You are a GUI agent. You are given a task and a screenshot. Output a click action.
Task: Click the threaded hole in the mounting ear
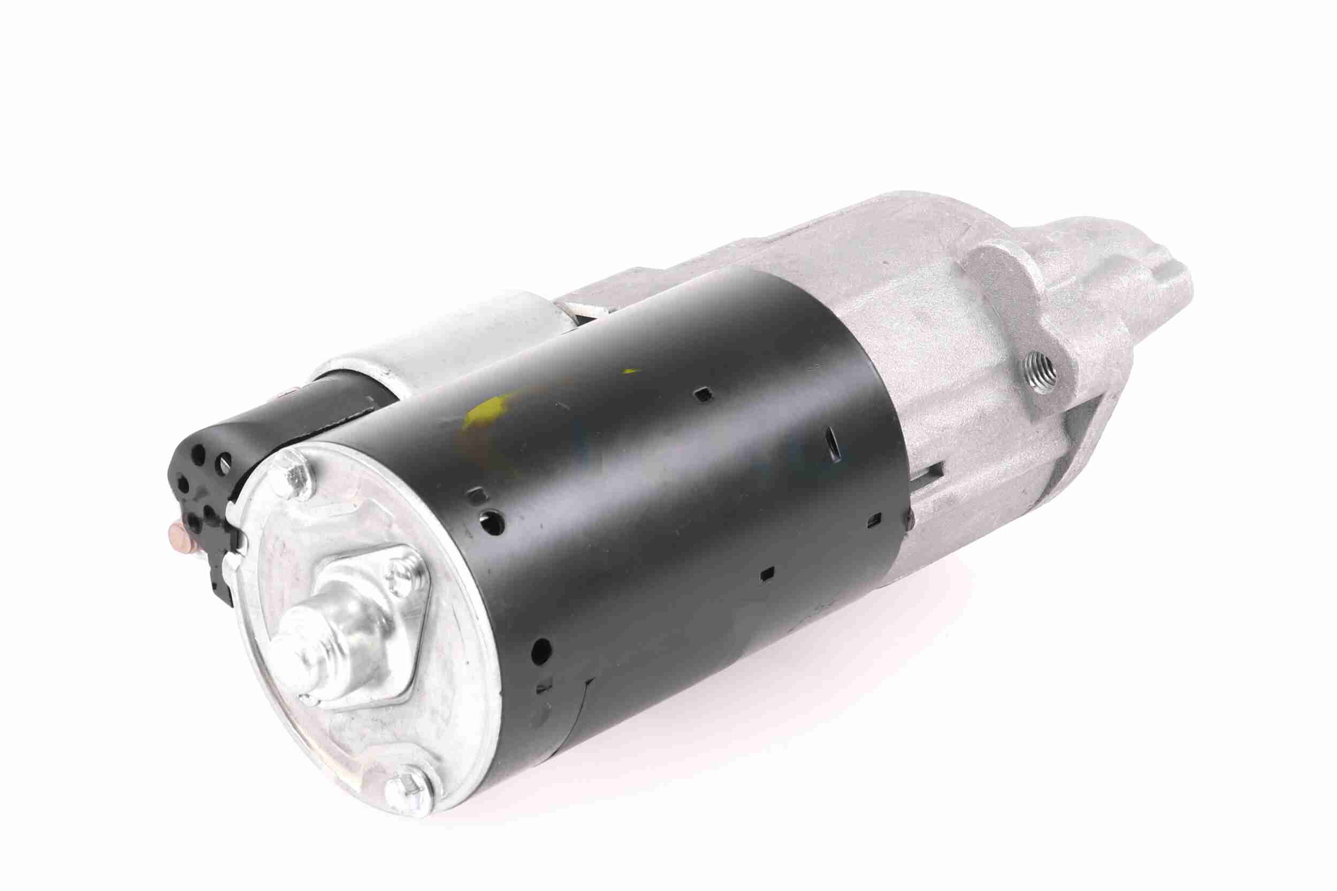[x=1041, y=375]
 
